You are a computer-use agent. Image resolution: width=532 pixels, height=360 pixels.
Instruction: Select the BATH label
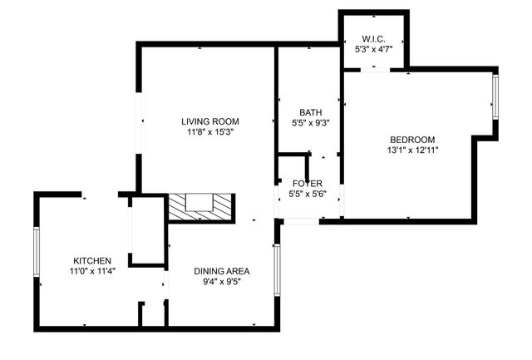click(311, 112)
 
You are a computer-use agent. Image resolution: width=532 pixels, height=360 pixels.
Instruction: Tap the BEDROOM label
click(411, 139)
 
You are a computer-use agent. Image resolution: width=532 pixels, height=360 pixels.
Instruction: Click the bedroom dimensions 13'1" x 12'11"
click(411, 150)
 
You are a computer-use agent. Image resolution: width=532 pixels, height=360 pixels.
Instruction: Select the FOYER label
click(308, 183)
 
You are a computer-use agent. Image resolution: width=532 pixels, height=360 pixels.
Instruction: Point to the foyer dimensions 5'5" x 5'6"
click(308, 194)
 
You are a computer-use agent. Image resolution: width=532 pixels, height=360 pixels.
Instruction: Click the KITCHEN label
click(92, 259)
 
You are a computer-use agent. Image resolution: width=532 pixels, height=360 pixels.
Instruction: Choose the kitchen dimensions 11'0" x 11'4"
click(92, 269)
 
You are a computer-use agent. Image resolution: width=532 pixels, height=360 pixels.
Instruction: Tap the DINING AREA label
click(222, 271)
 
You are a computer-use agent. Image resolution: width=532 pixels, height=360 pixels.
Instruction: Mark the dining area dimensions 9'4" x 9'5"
click(222, 281)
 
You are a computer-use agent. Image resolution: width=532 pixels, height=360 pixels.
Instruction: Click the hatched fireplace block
click(199, 207)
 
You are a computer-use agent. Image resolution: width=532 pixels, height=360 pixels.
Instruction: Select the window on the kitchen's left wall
click(37, 251)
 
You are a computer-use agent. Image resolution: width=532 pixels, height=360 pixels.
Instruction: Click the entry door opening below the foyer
click(299, 220)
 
